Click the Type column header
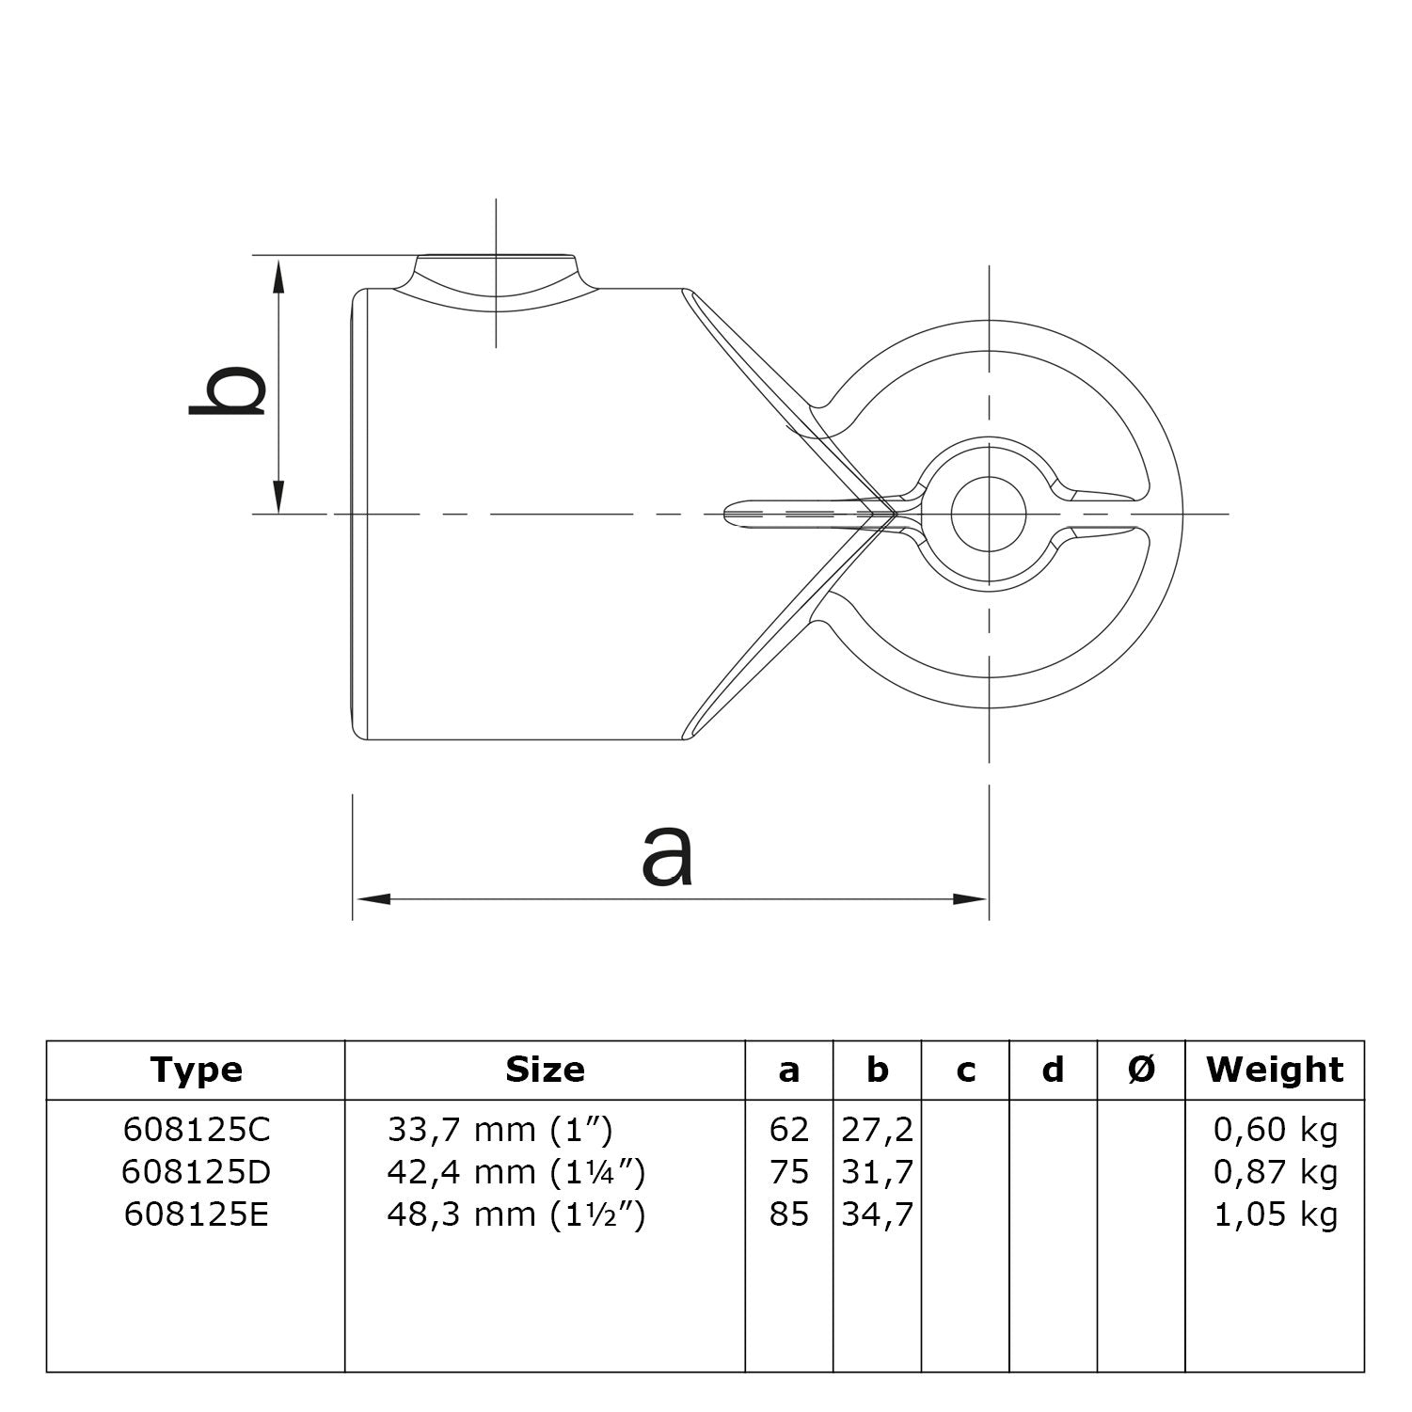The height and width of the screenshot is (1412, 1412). click(196, 1070)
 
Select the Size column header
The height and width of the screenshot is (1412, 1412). click(545, 1070)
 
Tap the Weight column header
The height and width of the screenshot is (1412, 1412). click(1275, 1070)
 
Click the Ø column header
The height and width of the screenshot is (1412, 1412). click(1140, 1070)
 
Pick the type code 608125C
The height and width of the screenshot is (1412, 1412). click(196, 1129)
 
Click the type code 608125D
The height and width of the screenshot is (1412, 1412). click(196, 1172)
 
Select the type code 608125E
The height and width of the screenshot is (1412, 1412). click(196, 1214)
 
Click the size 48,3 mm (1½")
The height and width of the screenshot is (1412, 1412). click(516, 1214)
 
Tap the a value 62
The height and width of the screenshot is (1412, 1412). click(788, 1129)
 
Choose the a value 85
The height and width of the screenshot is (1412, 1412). click(788, 1214)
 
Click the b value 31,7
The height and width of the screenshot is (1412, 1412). click(877, 1172)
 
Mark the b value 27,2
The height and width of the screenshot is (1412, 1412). click(877, 1129)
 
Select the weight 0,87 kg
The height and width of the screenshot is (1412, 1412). click(1275, 1172)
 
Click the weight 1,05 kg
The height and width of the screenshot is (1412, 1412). click(1275, 1214)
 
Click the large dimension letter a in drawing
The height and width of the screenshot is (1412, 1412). click(667, 855)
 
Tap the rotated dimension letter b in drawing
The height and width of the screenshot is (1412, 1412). click(228, 389)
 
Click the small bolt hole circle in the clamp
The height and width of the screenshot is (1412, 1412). click(989, 514)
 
